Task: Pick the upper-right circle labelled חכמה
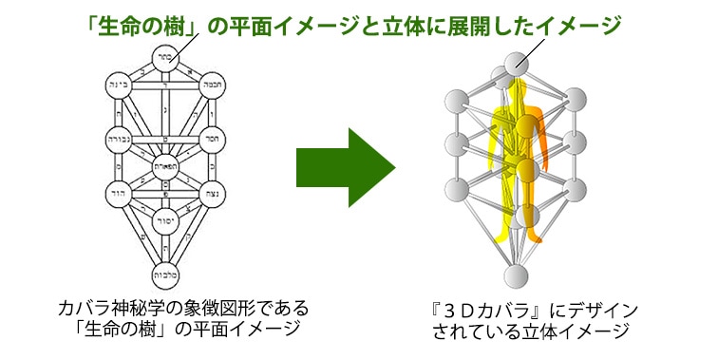213,83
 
